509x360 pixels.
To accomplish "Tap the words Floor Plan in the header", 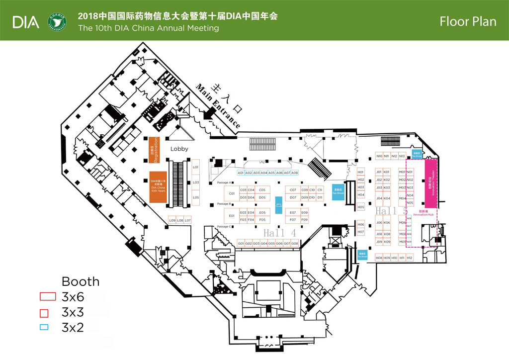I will click(x=468, y=21).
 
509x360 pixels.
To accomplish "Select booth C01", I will click(x=232, y=193).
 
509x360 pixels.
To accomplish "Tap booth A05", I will click(x=271, y=173).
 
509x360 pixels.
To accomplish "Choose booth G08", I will click(x=295, y=243).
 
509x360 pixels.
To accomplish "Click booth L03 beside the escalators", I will click(x=196, y=182).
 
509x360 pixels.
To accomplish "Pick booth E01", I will click(x=232, y=216).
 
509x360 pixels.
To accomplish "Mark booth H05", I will click(x=361, y=207).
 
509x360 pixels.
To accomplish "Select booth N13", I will click(x=402, y=156).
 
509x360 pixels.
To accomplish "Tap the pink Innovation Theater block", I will click(x=430, y=183).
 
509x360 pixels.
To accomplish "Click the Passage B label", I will click(x=224, y=204).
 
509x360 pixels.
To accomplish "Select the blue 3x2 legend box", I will click(x=44, y=327).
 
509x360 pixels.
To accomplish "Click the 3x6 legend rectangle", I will click(x=47, y=297).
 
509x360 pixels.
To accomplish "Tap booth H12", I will click(x=410, y=258).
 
